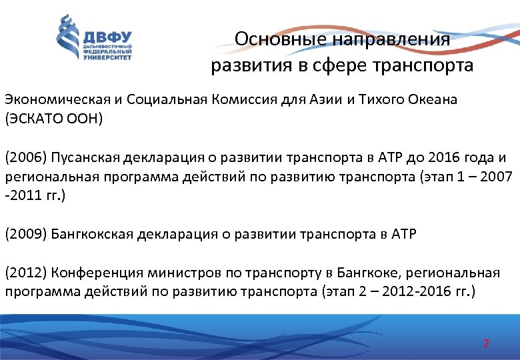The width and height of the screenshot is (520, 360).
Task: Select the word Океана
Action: (x=436, y=100)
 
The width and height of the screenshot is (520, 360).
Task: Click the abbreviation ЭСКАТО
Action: (x=37, y=120)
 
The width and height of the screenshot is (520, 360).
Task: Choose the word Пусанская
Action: (x=79, y=158)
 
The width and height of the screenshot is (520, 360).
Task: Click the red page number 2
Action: (x=486, y=344)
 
